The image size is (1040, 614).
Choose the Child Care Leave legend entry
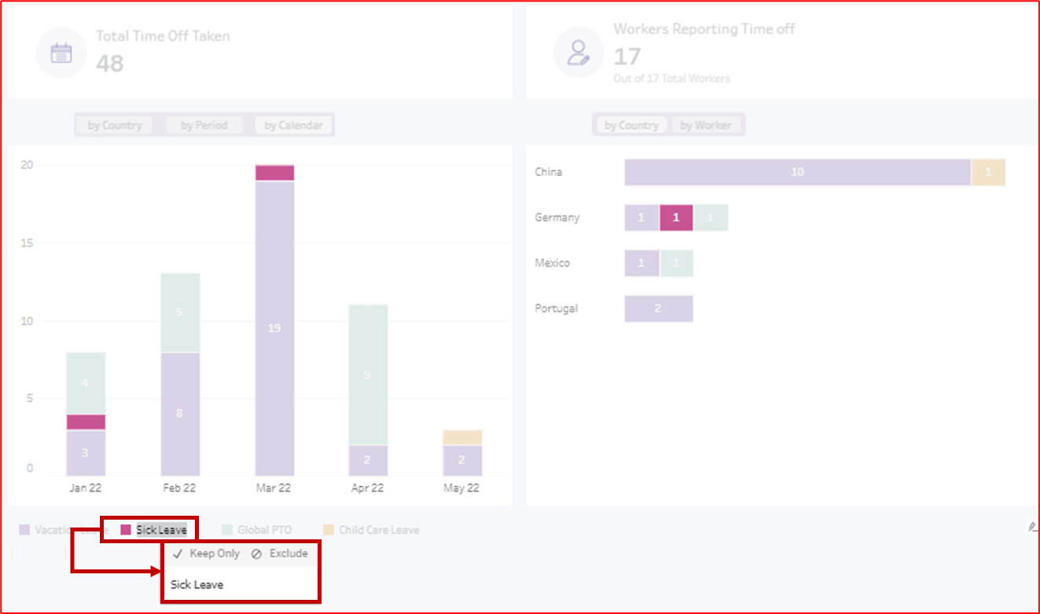tap(378, 530)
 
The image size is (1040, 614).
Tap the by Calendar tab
tap(293, 125)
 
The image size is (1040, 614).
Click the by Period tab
tap(204, 125)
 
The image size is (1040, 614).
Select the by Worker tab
tap(705, 125)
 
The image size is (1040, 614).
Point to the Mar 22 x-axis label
tap(274, 488)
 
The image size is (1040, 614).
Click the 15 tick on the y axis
tap(27, 243)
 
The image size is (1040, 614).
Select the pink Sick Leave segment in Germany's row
tap(676, 218)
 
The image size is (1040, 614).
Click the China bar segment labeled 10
tap(797, 172)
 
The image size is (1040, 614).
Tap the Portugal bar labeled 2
tap(658, 309)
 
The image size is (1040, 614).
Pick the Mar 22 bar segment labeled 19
tap(274, 328)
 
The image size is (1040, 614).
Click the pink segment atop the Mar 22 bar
tap(274, 173)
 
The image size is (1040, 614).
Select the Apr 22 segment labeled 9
tap(368, 375)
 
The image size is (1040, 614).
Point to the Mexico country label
tap(552, 263)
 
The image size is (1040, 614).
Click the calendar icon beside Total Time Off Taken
tap(61, 53)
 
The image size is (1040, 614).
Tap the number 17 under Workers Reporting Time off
tap(627, 57)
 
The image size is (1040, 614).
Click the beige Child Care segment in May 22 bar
tap(462, 438)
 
